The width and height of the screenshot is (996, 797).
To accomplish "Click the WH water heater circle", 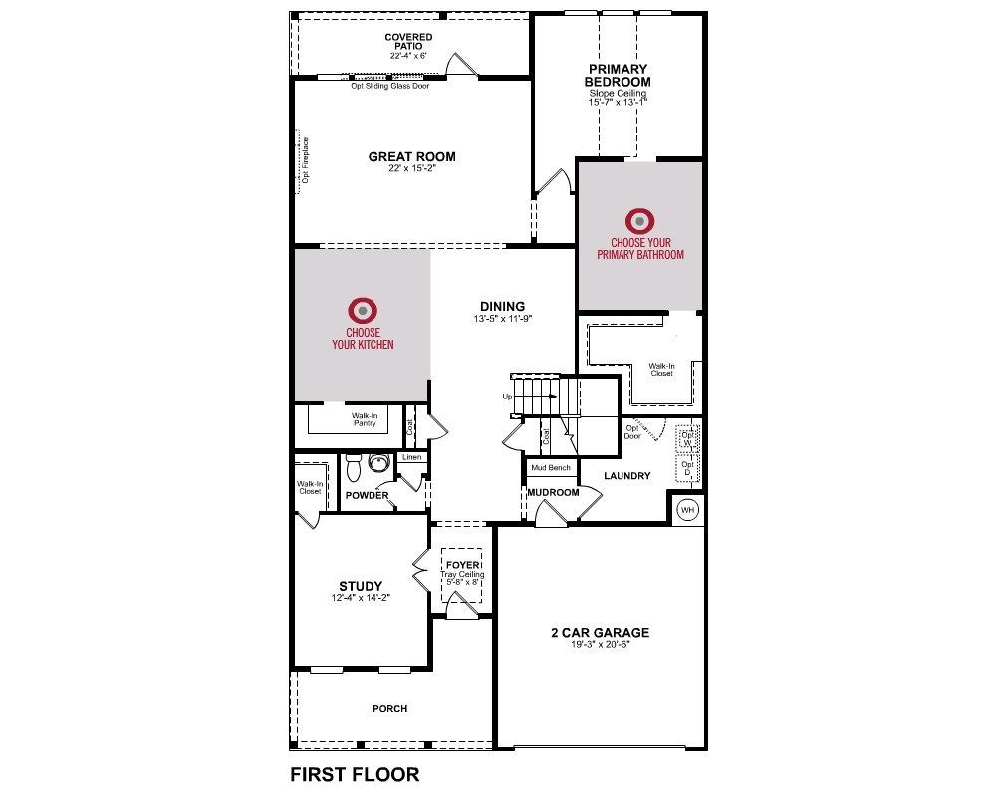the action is (x=688, y=510).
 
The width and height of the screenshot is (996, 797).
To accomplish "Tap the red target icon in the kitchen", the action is (x=363, y=311).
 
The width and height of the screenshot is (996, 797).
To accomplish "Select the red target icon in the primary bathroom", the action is (x=639, y=221).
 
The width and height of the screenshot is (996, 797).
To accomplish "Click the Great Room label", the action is (x=411, y=157).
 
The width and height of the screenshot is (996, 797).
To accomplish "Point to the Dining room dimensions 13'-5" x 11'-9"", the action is (x=502, y=319).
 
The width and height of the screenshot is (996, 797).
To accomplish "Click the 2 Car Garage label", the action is (x=601, y=633).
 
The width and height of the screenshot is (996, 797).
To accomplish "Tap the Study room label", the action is (x=361, y=586).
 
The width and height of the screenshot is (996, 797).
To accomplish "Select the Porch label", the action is (x=390, y=708).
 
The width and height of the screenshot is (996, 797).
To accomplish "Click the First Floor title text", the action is (x=356, y=775).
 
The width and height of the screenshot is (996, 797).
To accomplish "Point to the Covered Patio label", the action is (x=408, y=41).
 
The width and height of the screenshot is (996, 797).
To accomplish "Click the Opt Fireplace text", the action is (x=305, y=160).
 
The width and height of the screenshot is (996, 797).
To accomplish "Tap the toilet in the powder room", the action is (x=354, y=467).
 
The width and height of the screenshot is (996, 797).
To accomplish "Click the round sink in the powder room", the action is (x=378, y=462).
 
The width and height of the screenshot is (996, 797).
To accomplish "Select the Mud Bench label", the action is (x=551, y=468).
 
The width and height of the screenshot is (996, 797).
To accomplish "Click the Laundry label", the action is (x=626, y=476).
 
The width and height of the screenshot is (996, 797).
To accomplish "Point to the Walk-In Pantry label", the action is (x=365, y=420).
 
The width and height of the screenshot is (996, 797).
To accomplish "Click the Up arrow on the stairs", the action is (x=535, y=397).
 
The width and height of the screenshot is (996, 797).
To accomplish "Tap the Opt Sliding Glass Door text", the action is (x=390, y=86).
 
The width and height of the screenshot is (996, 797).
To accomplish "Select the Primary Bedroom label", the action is (x=618, y=75).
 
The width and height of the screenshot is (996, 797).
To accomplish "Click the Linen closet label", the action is (x=411, y=457).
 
